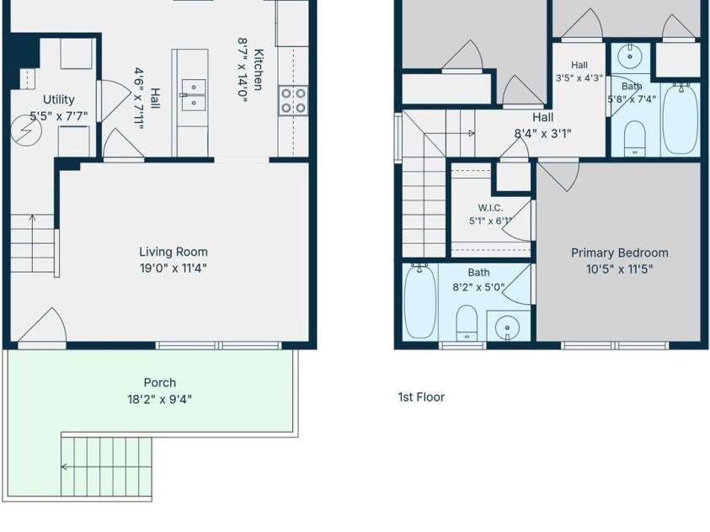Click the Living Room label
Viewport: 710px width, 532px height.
[x=173, y=252]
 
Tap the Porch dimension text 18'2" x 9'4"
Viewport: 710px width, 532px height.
[x=159, y=400]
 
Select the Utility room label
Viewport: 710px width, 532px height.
[x=58, y=99]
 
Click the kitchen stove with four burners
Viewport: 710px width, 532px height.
[x=293, y=100]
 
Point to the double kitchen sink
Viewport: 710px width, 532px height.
[x=194, y=95]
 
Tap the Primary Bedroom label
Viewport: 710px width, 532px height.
[x=619, y=253]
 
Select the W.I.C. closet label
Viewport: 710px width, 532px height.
[x=490, y=208]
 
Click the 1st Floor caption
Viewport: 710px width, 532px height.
[x=421, y=397]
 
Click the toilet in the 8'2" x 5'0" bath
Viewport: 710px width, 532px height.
[x=467, y=322]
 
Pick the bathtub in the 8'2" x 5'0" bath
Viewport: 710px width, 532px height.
[x=419, y=301]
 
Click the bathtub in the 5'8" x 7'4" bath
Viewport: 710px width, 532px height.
[x=681, y=119]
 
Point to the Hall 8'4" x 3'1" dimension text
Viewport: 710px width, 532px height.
[x=542, y=134]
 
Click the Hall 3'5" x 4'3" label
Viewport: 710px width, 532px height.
[x=579, y=72]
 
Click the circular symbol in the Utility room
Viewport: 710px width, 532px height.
[x=26, y=130]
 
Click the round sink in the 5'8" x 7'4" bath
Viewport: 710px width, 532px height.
[x=629, y=57]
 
